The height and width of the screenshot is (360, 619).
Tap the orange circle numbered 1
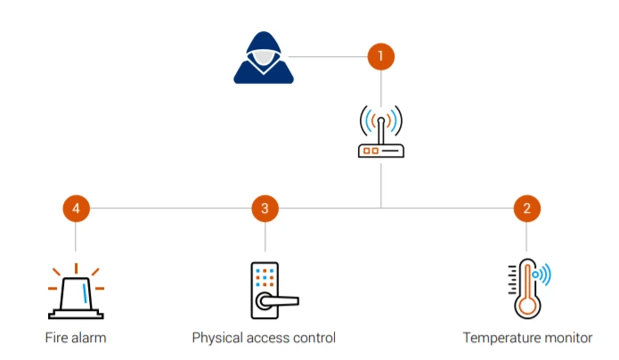[380, 56]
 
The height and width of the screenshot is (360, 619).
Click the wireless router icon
[380, 134]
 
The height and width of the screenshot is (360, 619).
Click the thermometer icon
[526, 288]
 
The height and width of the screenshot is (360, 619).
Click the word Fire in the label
[55, 338]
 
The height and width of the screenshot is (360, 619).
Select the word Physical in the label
[218, 339]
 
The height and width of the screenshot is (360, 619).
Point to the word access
[269, 339]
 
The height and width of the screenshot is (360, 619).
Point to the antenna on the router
[380, 125]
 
